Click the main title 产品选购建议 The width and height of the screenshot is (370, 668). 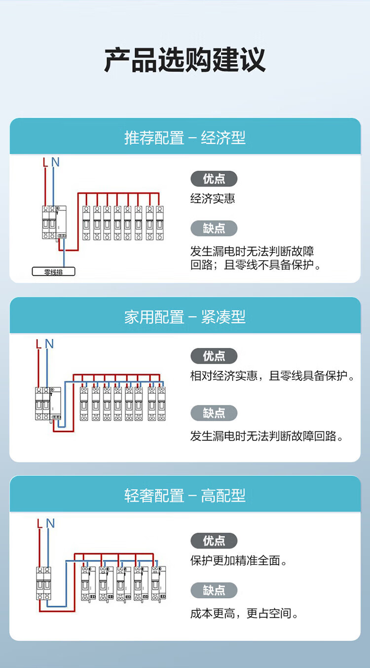click(x=185, y=60)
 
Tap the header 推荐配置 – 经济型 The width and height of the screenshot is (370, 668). click(x=185, y=138)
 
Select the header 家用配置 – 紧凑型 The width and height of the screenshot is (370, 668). click(x=185, y=317)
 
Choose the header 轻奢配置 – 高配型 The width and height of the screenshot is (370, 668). click(x=185, y=496)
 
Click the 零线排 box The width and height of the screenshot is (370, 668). click(x=53, y=271)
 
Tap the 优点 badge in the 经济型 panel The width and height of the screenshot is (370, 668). click(x=214, y=179)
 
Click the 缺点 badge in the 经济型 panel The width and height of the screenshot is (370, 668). click(x=214, y=229)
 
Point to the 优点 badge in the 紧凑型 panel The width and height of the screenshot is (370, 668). click(x=214, y=356)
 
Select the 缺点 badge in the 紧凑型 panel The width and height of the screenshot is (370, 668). click(x=214, y=413)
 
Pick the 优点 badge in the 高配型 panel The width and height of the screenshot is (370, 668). click(x=214, y=541)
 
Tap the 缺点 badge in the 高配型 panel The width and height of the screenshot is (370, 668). click(x=214, y=590)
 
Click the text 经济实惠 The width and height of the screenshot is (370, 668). click(x=213, y=199)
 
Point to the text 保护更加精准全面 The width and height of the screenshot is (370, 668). click(x=235, y=561)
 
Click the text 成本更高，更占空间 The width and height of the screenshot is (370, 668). click(x=241, y=613)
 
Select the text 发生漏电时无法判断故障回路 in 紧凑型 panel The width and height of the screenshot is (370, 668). click(x=263, y=436)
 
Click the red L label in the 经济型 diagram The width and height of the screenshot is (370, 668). click(x=45, y=163)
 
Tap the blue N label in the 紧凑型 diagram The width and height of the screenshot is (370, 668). click(x=49, y=344)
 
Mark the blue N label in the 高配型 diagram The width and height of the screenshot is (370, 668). click(x=50, y=523)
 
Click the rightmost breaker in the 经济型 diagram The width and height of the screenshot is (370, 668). click(x=160, y=223)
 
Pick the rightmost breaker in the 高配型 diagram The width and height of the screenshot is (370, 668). click(x=158, y=584)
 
